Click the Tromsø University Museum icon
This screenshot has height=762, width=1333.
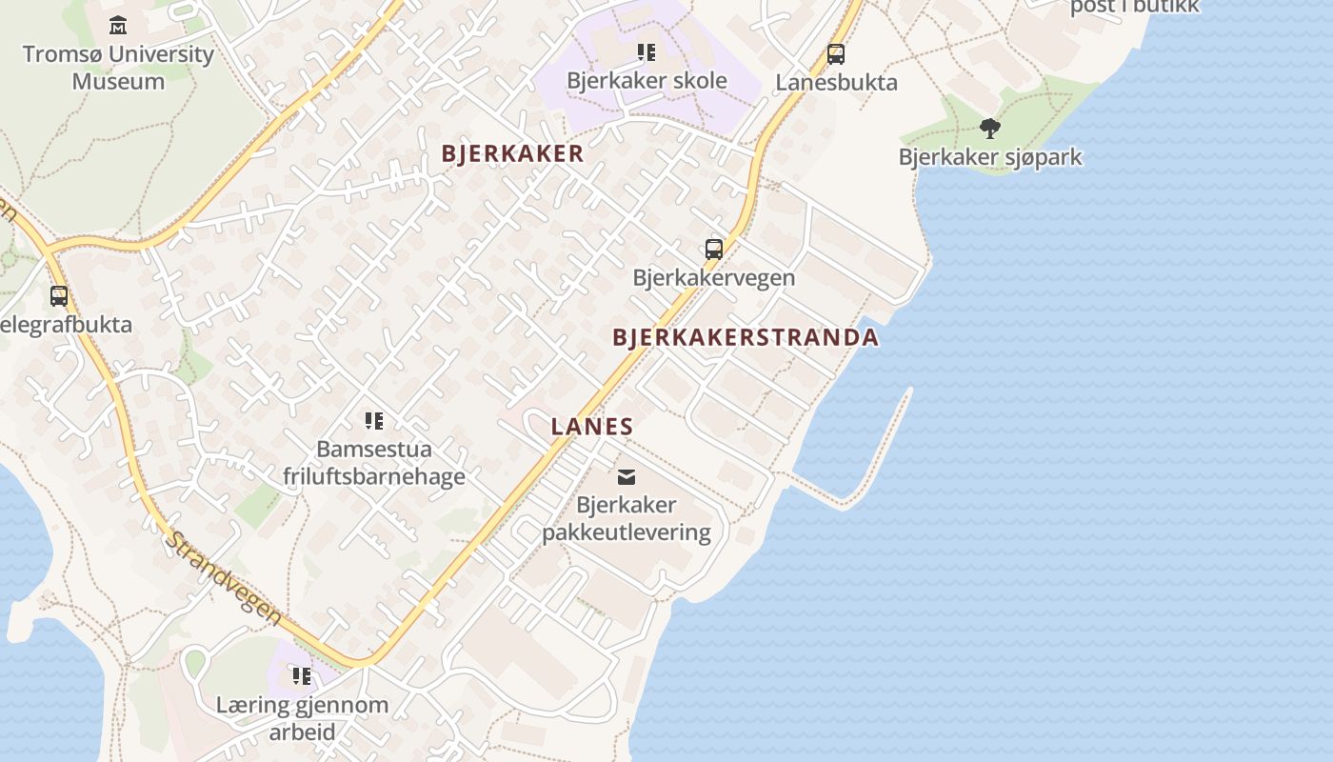tap(118, 25)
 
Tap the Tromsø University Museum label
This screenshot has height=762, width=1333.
tap(118, 68)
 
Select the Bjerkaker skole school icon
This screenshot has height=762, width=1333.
tap(647, 52)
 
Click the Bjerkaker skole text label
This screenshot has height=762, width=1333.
tap(647, 81)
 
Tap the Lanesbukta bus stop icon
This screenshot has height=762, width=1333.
tap(836, 54)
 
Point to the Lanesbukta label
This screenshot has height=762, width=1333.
tap(836, 83)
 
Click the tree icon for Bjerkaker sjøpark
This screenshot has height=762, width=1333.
tap(990, 129)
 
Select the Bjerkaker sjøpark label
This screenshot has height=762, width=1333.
tap(990, 157)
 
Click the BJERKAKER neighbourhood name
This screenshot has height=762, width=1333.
tap(512, 154)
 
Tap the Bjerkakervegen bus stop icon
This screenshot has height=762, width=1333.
tap(714, 250)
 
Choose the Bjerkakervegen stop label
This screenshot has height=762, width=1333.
tap(714, 278)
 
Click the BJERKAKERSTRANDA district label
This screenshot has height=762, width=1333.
tap(746, 337)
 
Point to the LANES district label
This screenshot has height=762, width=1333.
tap(592, 427)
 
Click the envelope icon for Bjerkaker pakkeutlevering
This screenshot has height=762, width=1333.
tap(627, 476)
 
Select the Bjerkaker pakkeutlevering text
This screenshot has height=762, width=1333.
tap(627, 519)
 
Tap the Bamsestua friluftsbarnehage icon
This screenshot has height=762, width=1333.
tap(374, 420)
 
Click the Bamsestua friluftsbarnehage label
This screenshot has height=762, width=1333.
tap(374, 463)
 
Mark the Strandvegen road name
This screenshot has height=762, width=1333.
tap(226, 578)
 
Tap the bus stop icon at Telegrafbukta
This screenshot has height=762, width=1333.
tap(59, 296)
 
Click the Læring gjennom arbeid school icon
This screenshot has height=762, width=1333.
tap(302, 676)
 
